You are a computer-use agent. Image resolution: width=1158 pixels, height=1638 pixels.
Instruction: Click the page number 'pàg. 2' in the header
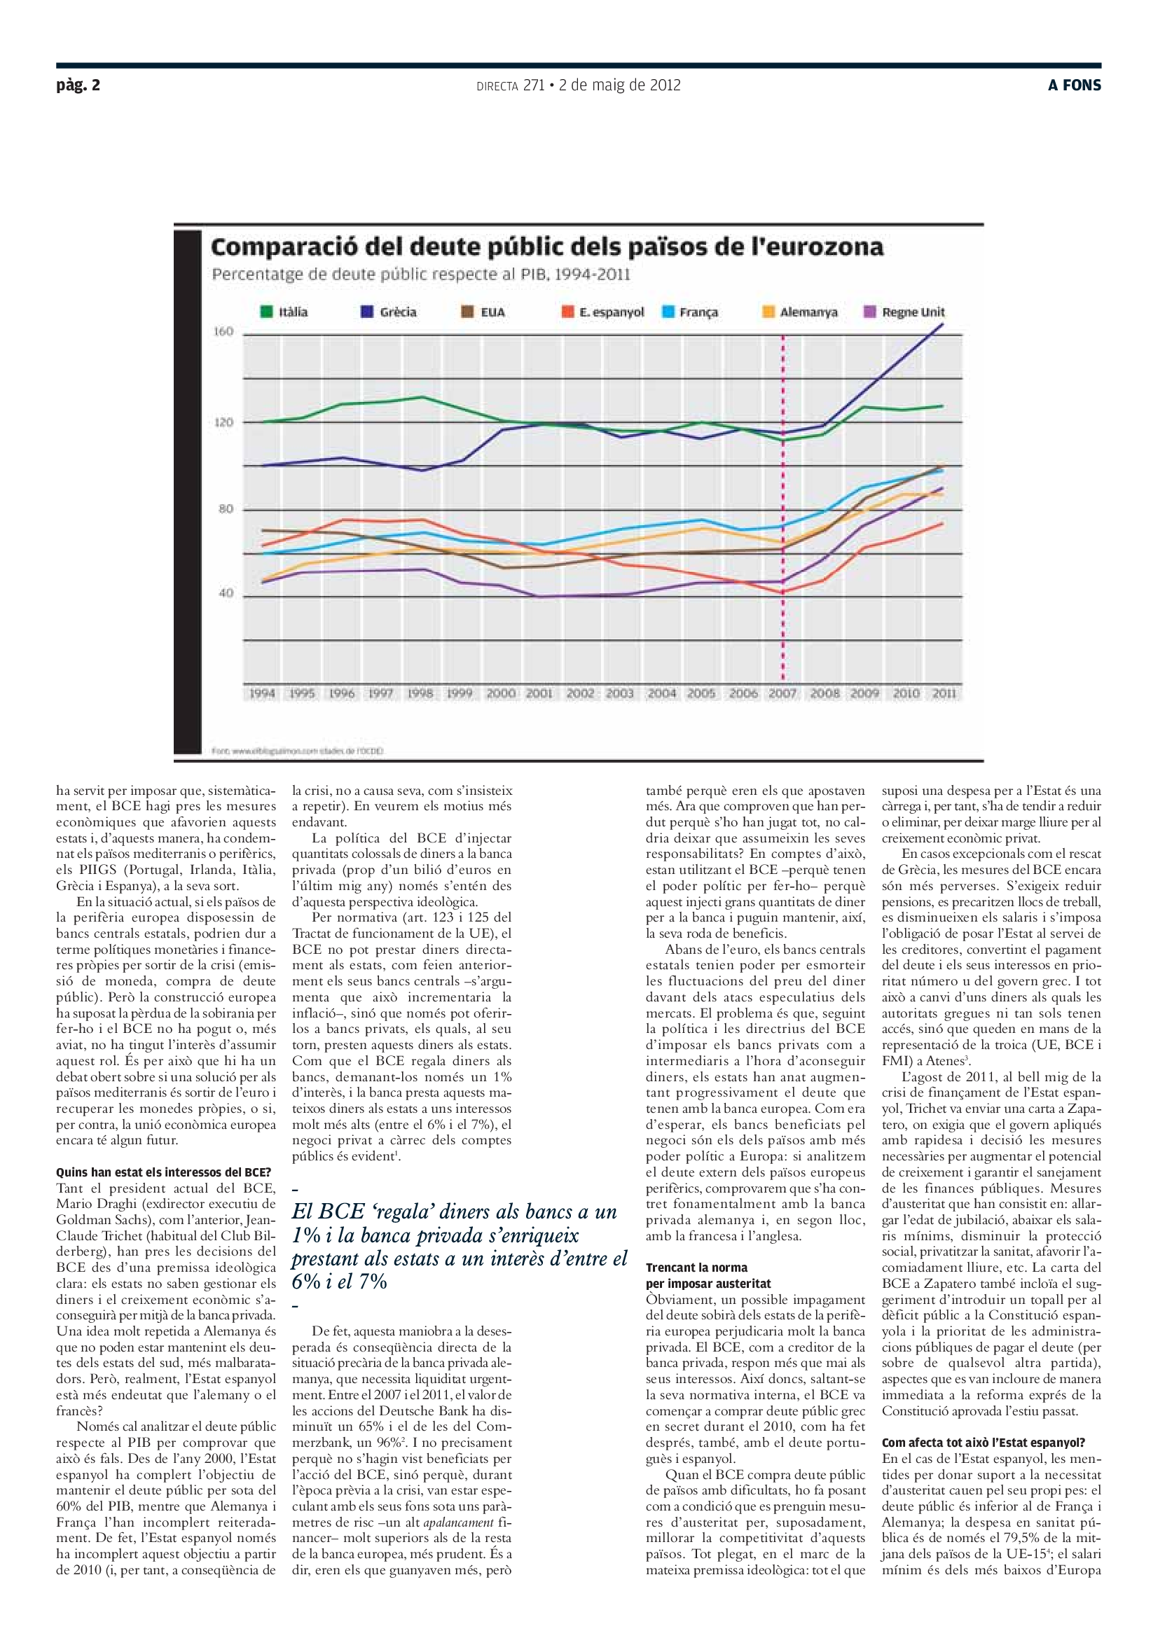pyautogui.click(x=78, y=85)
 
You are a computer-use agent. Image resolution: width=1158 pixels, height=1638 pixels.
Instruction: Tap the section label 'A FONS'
pyautogui.click(x=1074, y=85)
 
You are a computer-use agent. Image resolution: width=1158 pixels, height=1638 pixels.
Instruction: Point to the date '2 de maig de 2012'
pyautogui.click(x=619, y=85)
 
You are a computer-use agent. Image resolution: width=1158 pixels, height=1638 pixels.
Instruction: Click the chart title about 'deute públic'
pyautogui.click(x=546, y=247)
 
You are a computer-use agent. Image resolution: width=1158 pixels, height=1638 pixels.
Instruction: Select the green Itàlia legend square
pyautogui.click(x=267, y=312)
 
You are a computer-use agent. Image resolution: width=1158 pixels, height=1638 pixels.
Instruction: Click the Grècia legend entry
pyautogui.click(x=389, y=312)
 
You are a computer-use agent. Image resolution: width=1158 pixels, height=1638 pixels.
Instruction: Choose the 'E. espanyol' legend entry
pyautogui.click(x=603, y=312)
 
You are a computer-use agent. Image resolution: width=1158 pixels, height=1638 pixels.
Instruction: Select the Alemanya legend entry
pyautogui.click(x=800, y=312)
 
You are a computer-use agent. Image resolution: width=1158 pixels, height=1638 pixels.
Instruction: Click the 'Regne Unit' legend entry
pyautogui.click(x=904, y=312)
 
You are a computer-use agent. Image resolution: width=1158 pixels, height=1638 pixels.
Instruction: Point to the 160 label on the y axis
pyautogui.click(x=223, y=332)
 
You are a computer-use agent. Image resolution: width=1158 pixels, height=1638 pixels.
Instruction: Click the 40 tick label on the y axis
pyautogui.click(x=226, y=594)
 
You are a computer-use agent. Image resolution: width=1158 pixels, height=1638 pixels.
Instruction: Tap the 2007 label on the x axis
pyautogui.click(x=783, y=693)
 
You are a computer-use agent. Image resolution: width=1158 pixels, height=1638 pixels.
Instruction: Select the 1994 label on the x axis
pyautogui.click(x=262, y=693)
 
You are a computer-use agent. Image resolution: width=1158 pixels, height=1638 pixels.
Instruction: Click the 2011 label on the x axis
pyautogui.click(x=944, y=693)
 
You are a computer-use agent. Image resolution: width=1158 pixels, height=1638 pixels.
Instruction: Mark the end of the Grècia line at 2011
pyautogui.click(x=943, y=325)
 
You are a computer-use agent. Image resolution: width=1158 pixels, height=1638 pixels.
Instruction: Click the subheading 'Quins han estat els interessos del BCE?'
pyautogui.click(x=163, y=1172)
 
